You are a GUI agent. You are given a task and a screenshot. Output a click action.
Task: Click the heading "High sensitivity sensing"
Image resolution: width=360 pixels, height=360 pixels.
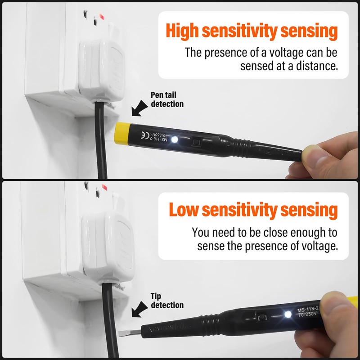click(252, 31)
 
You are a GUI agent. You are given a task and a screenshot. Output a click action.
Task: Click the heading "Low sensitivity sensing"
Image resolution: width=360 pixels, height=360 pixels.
click(253, 210)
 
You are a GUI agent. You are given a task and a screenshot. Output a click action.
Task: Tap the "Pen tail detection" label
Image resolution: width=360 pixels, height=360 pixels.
click(167, 99)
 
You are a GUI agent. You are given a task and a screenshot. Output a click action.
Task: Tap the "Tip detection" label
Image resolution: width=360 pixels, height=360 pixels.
click(167, 301)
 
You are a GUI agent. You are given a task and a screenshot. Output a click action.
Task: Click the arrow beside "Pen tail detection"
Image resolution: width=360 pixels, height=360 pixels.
click(140, 108)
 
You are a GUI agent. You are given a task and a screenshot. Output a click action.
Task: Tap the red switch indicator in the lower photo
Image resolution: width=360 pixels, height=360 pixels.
click(104, 187)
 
